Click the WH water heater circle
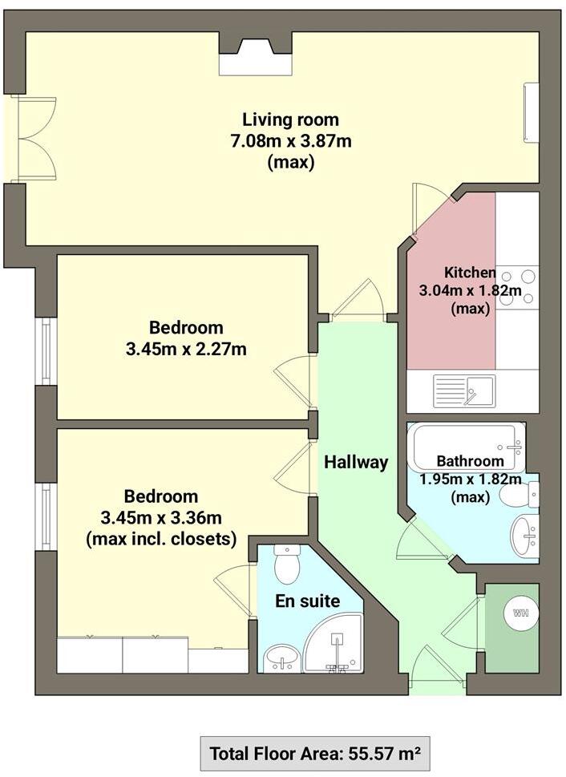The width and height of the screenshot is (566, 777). [x=520, y=613]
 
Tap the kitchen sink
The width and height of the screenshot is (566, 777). [x=464, y=391]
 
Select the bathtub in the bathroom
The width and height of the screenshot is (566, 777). [x=467, y=447]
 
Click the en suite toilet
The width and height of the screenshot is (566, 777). [x=286, y=565]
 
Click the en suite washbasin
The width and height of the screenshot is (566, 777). [x=282, y=659]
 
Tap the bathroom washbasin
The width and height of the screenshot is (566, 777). [x=525, y=536]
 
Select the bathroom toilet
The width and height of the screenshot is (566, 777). [x=519, y=494]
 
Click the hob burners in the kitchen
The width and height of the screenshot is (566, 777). [x=517, y=286]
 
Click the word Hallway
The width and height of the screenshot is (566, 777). [x=356, y=463]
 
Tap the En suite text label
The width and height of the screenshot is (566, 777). [x=307, y=601]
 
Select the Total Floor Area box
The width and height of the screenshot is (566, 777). [x=315, y=754]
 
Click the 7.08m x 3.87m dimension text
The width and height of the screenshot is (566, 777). [x=290, y=141]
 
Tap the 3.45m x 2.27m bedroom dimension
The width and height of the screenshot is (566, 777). [x=186, y=350]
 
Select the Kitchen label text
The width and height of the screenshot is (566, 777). [x=469, y=272]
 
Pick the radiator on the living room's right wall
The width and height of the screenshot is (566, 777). [x=532, y=112]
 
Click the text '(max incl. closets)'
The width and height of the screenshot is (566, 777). [x=161, y=539]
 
